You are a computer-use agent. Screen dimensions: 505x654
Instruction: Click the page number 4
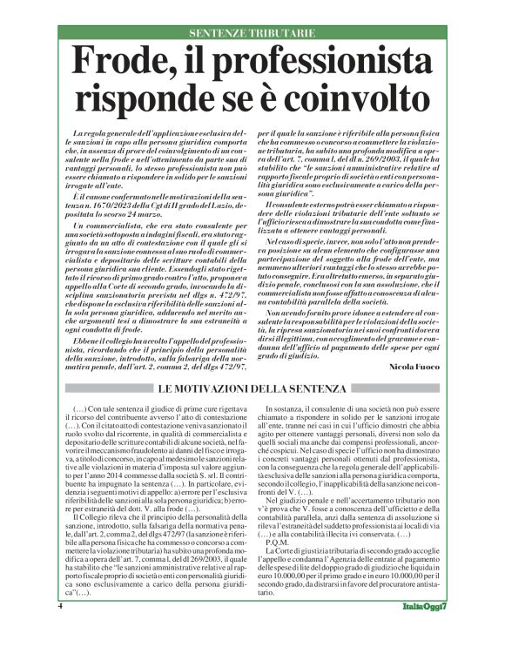pyautogui.click(x=60, y=630)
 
